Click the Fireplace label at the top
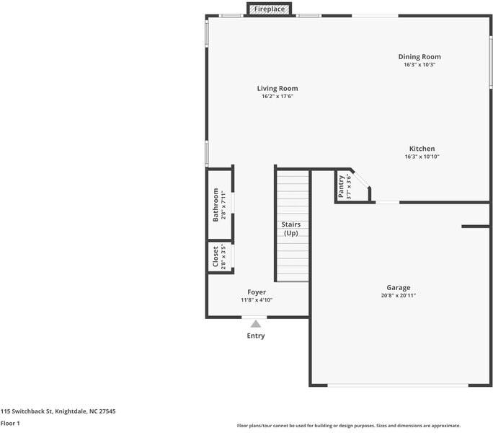[269, 9]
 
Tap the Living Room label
[277, 89]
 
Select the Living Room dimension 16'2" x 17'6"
[277, 97]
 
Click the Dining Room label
[419, 57]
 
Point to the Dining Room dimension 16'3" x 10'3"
[419, 65]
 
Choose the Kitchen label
[422, 149]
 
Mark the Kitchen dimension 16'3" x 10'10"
[422, 157]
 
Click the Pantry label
[341, 187]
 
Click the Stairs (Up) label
[291, 229]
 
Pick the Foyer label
[257, 292]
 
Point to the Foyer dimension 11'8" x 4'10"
[257, 300]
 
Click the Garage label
[399, 287]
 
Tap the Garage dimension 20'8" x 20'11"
[399, 295]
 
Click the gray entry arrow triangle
[255, 324]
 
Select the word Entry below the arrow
[256, 336]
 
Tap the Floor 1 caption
[10, 423]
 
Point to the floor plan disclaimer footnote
[349, 426]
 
